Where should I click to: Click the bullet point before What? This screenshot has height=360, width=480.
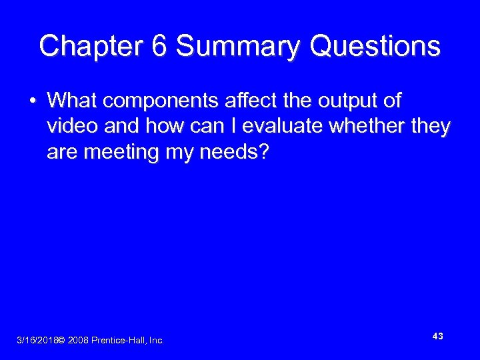(x=32, y=101)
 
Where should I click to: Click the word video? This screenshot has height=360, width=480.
(x=71, y=127)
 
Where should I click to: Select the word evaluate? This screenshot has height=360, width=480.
(x=263, y=127)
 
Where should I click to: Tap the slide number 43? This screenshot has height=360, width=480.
(x=437, y=337)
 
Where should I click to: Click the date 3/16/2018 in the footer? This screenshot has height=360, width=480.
(x=36, y=341)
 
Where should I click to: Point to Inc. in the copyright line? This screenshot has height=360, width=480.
(x=156, y=341)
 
